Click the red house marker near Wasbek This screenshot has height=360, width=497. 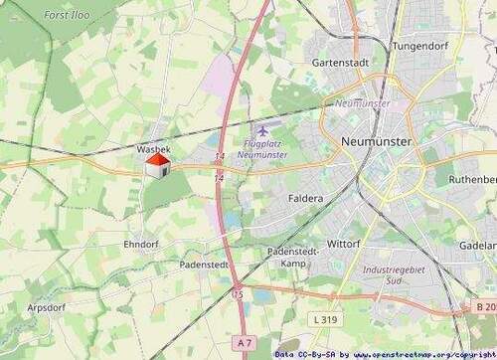(156, 165)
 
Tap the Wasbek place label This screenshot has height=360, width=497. (153, 148)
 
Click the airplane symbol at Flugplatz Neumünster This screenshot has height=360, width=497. (262, 130)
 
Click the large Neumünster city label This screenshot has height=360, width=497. (375, 142)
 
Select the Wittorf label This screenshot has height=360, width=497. (343, 243)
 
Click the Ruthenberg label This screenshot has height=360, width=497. (472, 179)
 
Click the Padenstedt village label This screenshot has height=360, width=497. (205, 266)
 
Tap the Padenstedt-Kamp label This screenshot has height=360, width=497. (290, 258)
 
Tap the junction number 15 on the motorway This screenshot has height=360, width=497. (238, 294)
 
